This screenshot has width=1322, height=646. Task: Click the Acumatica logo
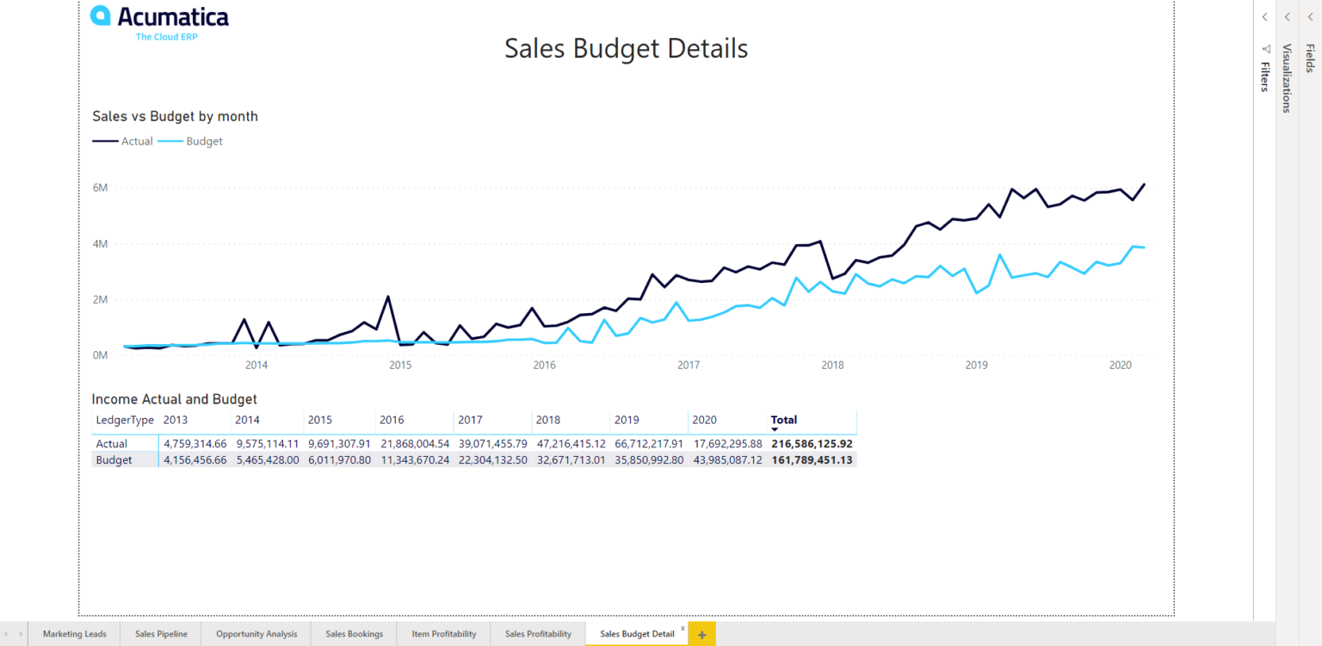[x=159, y=22]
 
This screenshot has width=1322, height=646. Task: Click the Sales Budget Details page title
[x=626, y=48]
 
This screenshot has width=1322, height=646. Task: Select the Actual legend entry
[x=123, y=141]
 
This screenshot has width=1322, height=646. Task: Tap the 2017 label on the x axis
[x=688, y=366]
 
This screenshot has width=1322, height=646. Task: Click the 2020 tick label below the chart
[x=1119, y=366]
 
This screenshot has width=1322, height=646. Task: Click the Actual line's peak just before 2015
[x=388, y=298]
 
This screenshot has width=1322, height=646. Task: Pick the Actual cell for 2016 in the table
[x=415, y=444]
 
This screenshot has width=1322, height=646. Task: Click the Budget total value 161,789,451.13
[x=812, y=460]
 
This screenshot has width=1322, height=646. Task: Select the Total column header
[x=783, y=421]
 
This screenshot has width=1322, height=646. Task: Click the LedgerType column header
[x=125, y=421]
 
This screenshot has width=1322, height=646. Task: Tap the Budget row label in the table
[x=114, y=460]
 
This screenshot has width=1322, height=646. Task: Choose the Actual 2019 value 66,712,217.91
[x=649, y=444]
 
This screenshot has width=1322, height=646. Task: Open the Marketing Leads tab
[x=75, y=634]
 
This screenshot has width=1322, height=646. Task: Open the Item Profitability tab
[x=443, y=634]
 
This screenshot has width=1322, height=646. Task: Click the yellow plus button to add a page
[x=701, y=635]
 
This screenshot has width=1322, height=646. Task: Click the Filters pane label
[x=1264, y=76]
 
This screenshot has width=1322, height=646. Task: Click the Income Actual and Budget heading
[x=174, y=399]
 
